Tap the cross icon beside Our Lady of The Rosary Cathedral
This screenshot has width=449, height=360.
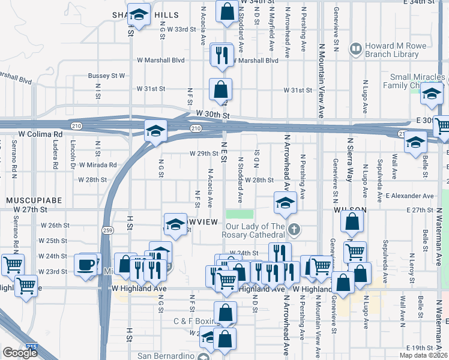click(294, 229)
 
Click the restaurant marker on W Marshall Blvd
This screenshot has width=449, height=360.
click(221, 56)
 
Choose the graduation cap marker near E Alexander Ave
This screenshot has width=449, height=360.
click(285, 203)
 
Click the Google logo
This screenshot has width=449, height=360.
click(20, 353)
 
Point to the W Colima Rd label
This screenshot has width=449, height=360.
click(41, 134)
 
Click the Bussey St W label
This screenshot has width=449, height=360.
click(106, 76)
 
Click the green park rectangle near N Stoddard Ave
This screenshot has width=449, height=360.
click(240, 214)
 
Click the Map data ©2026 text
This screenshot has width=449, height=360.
click(423, 355)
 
